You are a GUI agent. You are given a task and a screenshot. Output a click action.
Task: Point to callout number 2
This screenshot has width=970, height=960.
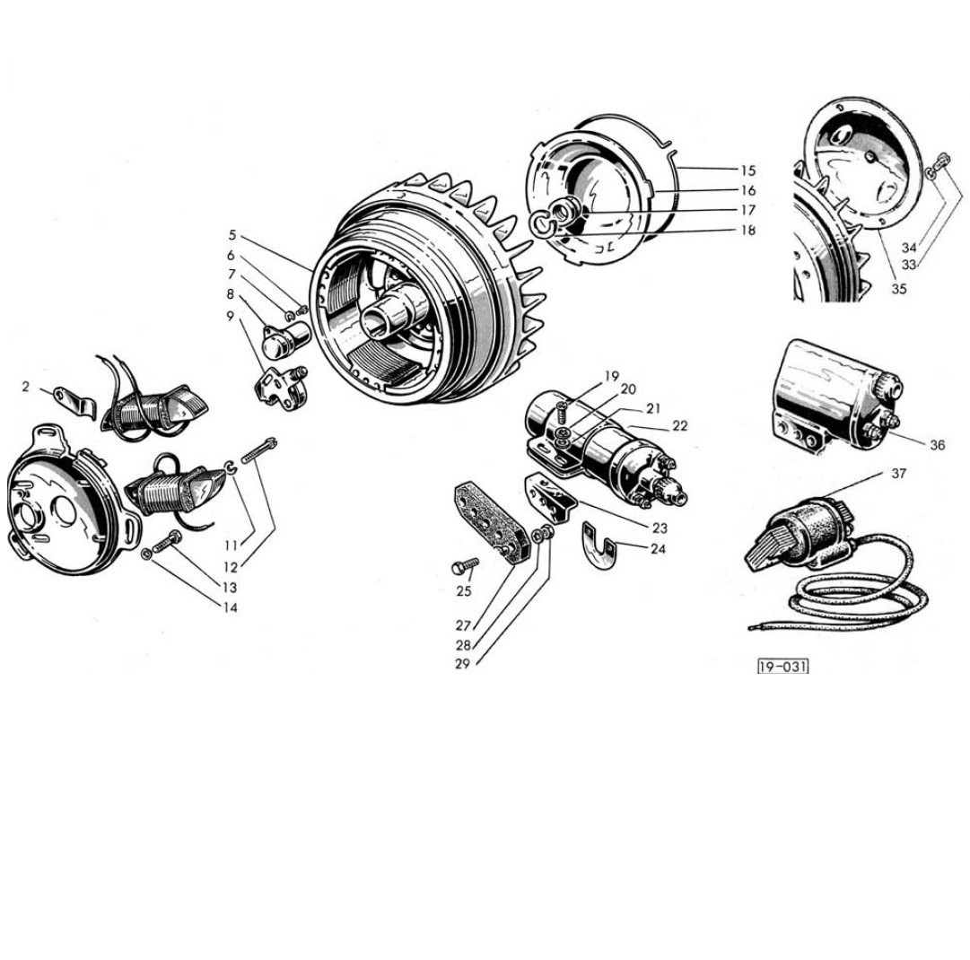click(26, 387)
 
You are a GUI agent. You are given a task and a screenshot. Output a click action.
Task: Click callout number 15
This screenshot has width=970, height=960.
click(748, 170)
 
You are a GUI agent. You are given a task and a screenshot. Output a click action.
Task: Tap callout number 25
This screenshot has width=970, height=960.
click(463, 590)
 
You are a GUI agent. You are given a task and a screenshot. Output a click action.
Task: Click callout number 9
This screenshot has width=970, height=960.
click(231, 316)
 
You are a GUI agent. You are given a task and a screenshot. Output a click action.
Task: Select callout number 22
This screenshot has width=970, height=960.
click(679, 426)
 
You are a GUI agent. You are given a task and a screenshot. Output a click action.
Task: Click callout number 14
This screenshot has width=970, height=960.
click(231, 607)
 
